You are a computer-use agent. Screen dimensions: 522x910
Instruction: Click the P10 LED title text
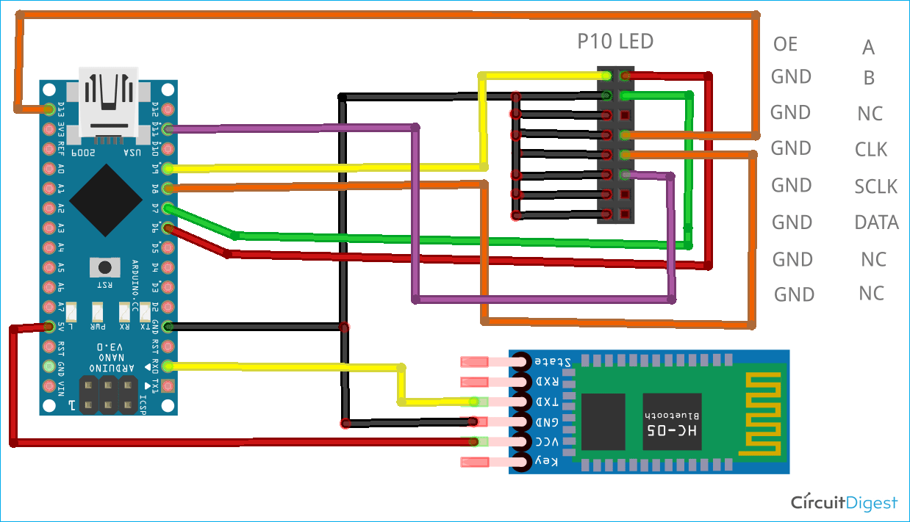[615, 41]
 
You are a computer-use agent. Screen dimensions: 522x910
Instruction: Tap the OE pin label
[785, 44]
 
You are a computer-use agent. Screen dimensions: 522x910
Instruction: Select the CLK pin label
[871, 150]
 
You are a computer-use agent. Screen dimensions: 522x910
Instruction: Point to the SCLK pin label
[875, 186]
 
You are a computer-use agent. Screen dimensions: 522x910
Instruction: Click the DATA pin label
[876, 222]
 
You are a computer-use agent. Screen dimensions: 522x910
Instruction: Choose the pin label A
[868, 48]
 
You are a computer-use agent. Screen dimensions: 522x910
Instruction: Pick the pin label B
[868, 78]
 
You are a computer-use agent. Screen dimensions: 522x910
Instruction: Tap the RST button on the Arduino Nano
[105, 267]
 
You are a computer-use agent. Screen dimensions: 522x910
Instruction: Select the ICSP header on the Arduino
[109, 394]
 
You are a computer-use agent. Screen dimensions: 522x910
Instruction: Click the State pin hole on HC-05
[523, 361]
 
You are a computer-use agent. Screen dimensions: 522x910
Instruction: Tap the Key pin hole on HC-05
[523, 462]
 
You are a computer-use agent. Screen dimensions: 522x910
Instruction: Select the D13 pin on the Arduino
[49, 109]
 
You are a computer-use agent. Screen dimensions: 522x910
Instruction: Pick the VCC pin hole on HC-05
[523, 442]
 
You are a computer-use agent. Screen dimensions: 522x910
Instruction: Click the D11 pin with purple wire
[168, 129]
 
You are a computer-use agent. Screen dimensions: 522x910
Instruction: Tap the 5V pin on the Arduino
[49, 326]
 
